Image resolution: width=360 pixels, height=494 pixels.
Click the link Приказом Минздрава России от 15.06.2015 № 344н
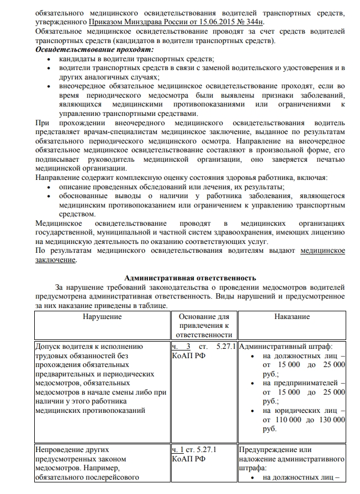pos(176,22)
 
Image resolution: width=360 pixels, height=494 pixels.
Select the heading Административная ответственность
pos(190,278)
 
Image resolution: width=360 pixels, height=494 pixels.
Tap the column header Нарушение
pos(102,317)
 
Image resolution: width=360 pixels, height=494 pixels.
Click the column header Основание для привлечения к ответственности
pos(204,326)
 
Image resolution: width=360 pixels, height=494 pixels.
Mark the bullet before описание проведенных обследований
pos(51,187)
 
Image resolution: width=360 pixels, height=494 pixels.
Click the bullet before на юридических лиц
pos(252,411)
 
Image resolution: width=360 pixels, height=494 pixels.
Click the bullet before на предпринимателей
pos(252,383)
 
